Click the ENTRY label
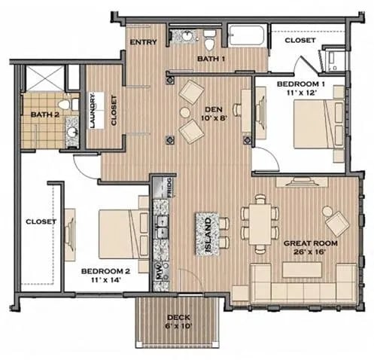tap(143, 42)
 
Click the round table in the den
tap(185, 113)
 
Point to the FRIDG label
tap(171, 188)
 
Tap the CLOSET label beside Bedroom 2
tap(37, 221)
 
